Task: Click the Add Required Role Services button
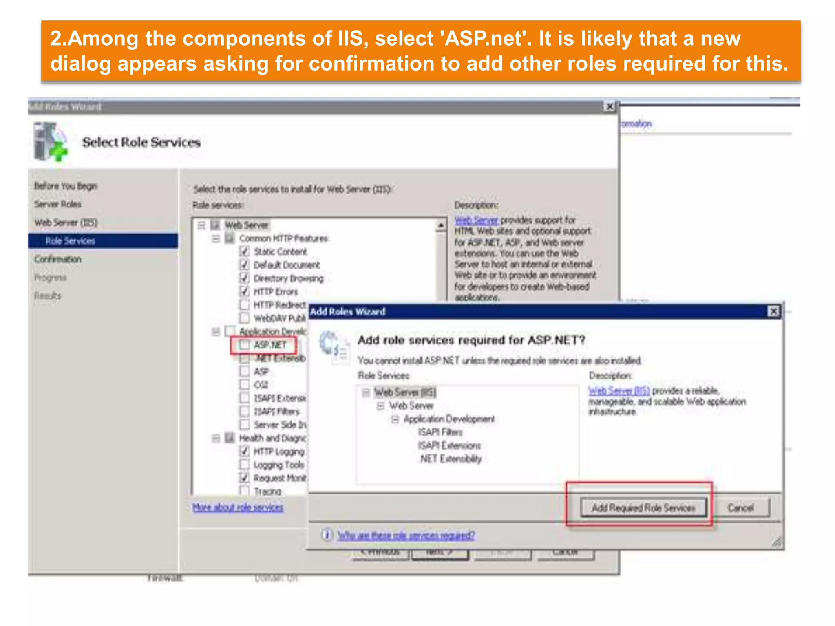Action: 643,508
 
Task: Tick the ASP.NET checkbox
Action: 244,345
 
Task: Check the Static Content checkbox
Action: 244,251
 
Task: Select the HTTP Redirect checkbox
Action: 244,305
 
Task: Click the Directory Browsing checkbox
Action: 244,278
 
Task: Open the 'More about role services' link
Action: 238,507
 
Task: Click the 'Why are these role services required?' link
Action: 406,536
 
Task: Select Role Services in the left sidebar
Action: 70,241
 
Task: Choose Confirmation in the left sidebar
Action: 58,259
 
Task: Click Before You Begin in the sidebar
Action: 66,186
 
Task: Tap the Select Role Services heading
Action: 141,142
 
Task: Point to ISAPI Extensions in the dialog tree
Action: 449,445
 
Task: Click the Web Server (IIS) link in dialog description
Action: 619,391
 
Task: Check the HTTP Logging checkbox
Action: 244,452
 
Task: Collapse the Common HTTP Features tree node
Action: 216,238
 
